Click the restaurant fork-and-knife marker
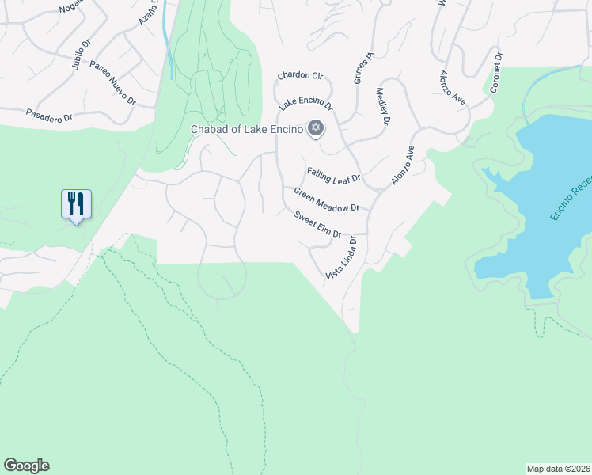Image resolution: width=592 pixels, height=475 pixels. point(77,204)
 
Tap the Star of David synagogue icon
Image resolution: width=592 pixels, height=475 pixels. point(315,129)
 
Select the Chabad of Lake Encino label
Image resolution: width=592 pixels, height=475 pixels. point(247,130)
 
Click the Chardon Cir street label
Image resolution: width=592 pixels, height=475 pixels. point(300,76)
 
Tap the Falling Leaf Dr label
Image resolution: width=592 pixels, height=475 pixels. point(333,175)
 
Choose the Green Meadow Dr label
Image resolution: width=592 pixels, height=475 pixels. point(326,199)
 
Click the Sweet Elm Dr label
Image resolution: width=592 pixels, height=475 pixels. point(317,225)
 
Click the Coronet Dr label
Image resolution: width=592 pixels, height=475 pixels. point(496,73)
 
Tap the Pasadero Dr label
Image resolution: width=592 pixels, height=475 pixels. point(49,115)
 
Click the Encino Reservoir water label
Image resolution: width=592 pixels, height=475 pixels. point(571,199)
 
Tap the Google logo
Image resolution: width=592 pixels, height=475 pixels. point(26,465)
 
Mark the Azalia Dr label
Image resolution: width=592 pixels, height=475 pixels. point(149,12)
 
